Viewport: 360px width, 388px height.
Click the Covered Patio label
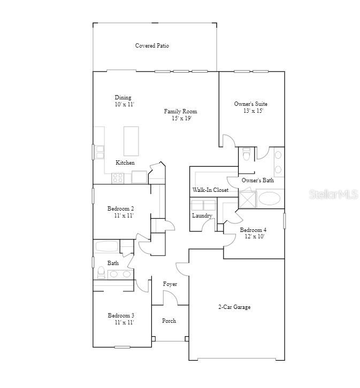pyautogui.click(x=152, y=46)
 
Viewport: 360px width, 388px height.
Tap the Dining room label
pyautogui.click(x=123, y=98)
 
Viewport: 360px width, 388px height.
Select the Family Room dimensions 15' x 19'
pyautogui.click(x=180, y=118)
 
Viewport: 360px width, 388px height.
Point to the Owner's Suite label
pyautogui.click(x=251, y=104)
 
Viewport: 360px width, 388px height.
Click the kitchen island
pyautogui.click(x=131, y=141)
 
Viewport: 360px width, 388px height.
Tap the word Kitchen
pyautogui.click(x=125, y=162)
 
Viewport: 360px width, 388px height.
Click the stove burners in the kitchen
pyautogui.click(x=118, y=179)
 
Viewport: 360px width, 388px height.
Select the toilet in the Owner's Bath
pyautogui.click(x=246, y=154)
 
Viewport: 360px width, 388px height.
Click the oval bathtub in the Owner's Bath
pyautogui.click(x=269, y=199)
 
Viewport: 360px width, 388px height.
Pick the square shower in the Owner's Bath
pyautogui.click(x=248, y=199)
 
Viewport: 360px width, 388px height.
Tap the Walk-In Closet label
pyautogui.click(x=210, y=190)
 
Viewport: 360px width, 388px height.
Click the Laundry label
pyautogui.click(x=202, y=216)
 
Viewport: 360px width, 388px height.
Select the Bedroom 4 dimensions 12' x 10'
pyautogui.click(x=255, y=236)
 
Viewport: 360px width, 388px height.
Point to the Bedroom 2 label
pyautogui.click(x=120, y=208)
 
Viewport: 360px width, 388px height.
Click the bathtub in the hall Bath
pyautogui.click(x=106, y=247)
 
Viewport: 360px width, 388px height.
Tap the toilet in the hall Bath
pyautogui.click(x=101, y=273)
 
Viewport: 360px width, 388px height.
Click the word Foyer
pyautogui.click(x=170, y=284)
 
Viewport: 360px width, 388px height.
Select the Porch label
pyautogui.click(x=169, y=321)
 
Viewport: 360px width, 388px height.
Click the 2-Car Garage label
pyautogui.click(x=234, y=307)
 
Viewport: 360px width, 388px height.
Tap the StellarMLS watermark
pyautogui.click(x=333, y=195)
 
